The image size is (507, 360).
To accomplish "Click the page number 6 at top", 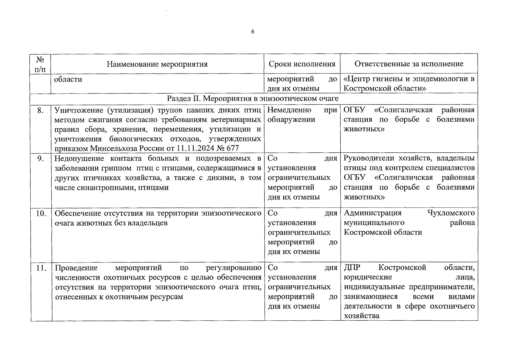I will tap(252, 32).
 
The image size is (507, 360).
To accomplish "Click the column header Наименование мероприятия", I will tap(157, 64).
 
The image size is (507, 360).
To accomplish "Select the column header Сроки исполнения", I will tap(302, 64).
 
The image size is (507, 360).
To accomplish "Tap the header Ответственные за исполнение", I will tap(409, 64).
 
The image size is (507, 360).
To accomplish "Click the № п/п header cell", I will tap(40, 64).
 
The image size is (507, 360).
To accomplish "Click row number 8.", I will tap(40, 110).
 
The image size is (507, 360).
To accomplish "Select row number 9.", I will tap(40, 159).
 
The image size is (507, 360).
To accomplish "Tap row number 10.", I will tap(41, 213).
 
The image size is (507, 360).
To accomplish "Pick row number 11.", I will tap(41, 268).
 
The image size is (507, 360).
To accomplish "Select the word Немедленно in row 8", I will tap(289, 110).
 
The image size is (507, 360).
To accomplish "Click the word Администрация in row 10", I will tap(372, 213).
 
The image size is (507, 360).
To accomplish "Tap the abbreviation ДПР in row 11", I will tap(352, 268).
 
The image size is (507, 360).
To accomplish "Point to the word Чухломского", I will tap(451, 213).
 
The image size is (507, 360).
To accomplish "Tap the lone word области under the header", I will tap(68, 79).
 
